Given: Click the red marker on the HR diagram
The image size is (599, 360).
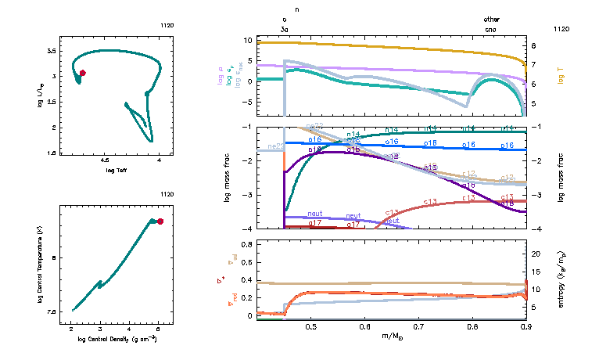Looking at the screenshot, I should (x=83, y=73).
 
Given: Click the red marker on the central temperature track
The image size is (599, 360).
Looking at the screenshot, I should (x=160, y=221).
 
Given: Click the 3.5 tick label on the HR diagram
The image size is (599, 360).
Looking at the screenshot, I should (x=51, y=50).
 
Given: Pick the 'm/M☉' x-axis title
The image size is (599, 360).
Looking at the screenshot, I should (x=391, y=336).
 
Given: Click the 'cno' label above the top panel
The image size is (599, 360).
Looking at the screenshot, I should (x=491, y=28).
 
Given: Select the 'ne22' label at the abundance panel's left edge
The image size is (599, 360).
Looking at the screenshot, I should (x=275, y=146).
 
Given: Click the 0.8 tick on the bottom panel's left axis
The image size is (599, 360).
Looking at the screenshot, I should (x=246, y=244).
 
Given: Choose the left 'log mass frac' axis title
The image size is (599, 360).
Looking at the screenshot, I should (x=228, y=178).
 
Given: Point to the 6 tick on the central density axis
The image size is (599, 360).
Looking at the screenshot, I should (x=160, y=329).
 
